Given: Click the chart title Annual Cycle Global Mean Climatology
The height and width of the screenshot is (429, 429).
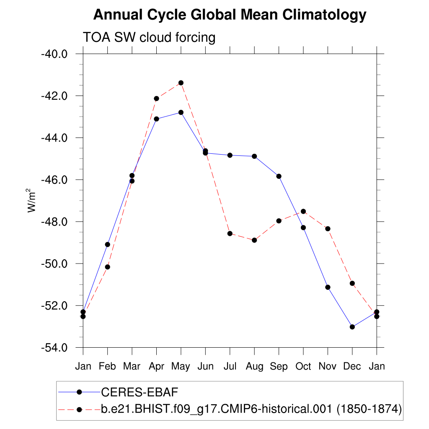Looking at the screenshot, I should (x=230, y=15).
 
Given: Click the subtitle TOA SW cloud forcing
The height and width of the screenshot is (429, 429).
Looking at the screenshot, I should (x=149, y=38).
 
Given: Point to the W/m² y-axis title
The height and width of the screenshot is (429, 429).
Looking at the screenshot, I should (x=32, y=201).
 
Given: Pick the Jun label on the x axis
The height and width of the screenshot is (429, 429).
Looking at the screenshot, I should (x=205, y=367).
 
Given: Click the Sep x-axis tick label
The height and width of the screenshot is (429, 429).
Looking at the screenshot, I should (x=279, y=367).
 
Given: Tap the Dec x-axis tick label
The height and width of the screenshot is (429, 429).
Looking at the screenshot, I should (x=352, y=367).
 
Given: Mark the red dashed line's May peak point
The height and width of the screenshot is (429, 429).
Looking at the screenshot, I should (x=181, y=83).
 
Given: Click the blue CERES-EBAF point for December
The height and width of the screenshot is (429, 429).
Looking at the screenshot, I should (x=352, y=327).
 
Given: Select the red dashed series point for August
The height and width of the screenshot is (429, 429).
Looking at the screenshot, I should (x=254, y=240).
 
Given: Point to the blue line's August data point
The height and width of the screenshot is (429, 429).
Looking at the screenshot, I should (x=254, y=156).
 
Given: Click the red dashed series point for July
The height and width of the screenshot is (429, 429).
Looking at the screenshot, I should (x=230, y=233).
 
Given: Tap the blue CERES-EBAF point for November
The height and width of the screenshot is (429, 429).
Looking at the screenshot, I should (x=328, y=287).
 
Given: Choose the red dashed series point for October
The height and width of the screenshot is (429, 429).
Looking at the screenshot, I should (x=303, y=211).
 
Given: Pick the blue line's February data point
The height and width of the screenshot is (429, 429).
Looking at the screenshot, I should (x=108, y=244).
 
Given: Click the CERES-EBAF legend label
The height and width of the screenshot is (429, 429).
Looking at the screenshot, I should (x=140, y=392).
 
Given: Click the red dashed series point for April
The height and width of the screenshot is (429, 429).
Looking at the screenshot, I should (x=157, y=98).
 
